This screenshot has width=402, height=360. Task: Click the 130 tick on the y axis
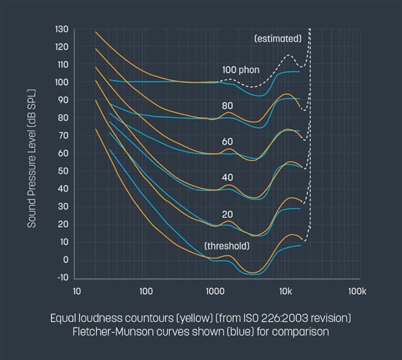coord(62,29)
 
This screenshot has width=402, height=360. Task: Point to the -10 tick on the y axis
coord(62,278)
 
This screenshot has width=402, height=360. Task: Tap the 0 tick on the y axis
coord(65,260)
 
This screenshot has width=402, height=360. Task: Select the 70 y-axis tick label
coord(63,136)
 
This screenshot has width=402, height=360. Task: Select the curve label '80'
coord(227,106)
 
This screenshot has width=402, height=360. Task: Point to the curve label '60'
coord(227,142)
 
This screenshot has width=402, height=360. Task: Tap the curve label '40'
coord(227,178)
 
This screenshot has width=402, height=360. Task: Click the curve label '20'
coord(227,214)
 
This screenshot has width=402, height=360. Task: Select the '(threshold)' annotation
coord(227,246)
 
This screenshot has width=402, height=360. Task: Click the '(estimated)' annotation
coord(278,39)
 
